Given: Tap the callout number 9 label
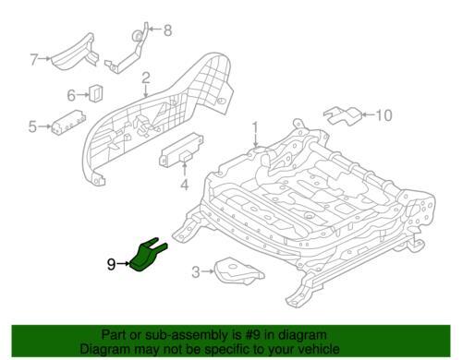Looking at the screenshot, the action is coord(111,264).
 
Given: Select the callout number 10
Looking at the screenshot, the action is coord(384,115).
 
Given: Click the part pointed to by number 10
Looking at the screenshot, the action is coord(343,115).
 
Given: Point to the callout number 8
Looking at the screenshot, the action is coord(167,30).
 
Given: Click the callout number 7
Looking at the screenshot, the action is coord(34,59).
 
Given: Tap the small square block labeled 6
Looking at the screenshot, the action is coord(96,93).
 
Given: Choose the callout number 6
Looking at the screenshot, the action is coord(71,95).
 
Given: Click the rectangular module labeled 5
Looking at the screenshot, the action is coord(68,122).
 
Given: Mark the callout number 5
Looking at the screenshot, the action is coord(32,126).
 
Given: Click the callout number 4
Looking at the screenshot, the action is coord(184,185).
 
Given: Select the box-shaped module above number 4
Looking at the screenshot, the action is coord(181,150).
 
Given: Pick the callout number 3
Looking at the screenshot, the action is coord(196,272).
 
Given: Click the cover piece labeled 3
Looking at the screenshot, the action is coord(239,271).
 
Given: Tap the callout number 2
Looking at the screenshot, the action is coord(146,78).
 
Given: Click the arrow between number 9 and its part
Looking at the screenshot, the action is coord(123,264).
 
